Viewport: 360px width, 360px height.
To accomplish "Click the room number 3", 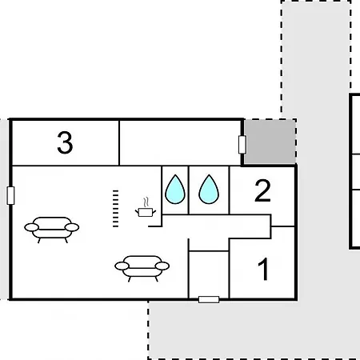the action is (x=65, y=143).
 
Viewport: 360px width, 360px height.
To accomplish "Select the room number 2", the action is (x=262, y=190).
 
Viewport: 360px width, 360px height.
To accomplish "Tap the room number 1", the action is (x=263, y=270).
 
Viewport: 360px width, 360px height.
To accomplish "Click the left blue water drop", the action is (x=175, y=190).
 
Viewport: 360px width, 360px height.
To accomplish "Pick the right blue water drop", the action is (x=209, y=190).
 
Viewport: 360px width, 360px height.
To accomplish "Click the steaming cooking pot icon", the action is (x=146, y=207).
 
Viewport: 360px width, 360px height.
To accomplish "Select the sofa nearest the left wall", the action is (x=52, y=230).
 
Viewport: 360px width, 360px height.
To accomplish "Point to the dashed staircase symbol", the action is (x=115, y=209).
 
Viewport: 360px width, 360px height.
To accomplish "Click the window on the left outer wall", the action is (x=10, y=196).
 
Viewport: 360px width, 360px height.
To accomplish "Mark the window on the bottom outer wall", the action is (x=209, y=299).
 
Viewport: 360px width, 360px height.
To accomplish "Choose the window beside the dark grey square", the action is (x=242, y=145).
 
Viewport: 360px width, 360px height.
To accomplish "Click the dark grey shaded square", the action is (x=270, y=142).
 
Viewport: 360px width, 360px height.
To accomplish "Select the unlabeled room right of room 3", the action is (x=180, y=143).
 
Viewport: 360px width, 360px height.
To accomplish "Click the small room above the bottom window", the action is (x=209, y=274).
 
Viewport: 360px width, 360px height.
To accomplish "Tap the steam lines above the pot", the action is (x=146, y=202).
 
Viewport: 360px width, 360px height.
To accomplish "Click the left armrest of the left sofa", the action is (x=31, y=227).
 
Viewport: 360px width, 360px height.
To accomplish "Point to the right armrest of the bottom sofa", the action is (x=162, y=266).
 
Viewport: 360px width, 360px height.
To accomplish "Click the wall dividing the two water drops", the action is (x=189, y=190).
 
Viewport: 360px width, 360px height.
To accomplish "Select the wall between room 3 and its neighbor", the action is (x=119, y=143).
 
